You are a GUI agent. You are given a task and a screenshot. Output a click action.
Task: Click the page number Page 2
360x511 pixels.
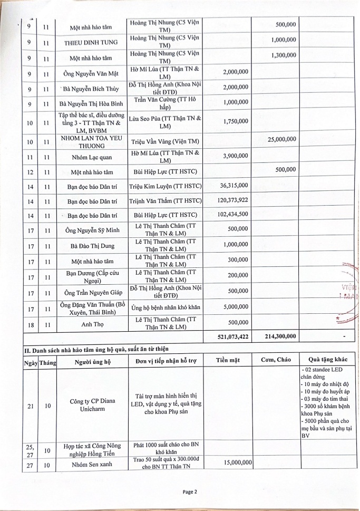(190, 492)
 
